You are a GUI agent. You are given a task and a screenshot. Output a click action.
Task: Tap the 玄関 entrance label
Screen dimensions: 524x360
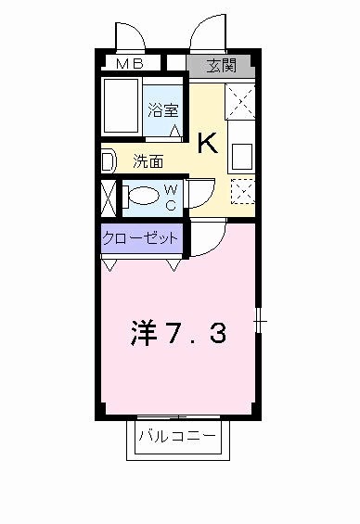(x=220, y=64)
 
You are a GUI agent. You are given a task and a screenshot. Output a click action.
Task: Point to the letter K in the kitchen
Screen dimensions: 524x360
(x=207, y=142)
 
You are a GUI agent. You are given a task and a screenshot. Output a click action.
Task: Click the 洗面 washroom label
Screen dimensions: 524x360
(x=148, y=161)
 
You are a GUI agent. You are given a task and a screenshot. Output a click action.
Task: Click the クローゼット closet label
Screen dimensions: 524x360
(x=141, y=237)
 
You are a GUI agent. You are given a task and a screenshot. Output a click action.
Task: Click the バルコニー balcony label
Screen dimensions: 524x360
(x=177, y=435)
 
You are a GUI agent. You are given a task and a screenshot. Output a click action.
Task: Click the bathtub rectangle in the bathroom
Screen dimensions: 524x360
(x=121, y=109)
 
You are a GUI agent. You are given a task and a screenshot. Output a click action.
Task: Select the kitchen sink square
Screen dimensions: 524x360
(x=242, y=155)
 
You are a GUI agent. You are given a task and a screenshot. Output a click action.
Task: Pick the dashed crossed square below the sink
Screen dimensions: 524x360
(x=242, y=191)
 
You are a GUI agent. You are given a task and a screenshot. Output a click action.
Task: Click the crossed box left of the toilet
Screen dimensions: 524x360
(x=109, y=196)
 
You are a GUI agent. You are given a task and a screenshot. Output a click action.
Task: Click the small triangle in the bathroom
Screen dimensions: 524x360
(x=174, y=130)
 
